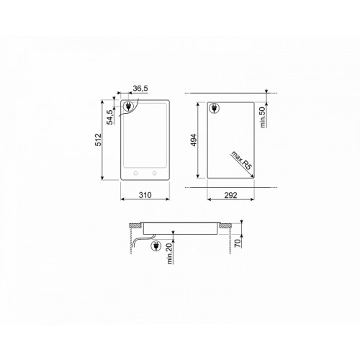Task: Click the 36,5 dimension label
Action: tap(140, 89)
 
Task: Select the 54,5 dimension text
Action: tap(110, 117)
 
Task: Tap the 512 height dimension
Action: tap(98, 140)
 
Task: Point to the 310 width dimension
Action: tap(145, 195)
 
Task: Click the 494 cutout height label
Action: tap(194, 140)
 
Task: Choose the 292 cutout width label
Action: tap(230, 195)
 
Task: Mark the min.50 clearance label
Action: tap(263, 117)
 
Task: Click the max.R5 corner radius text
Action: tap(241, 161)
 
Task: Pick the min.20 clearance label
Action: tap(170, 253)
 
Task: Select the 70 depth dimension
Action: tap(237, 243)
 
